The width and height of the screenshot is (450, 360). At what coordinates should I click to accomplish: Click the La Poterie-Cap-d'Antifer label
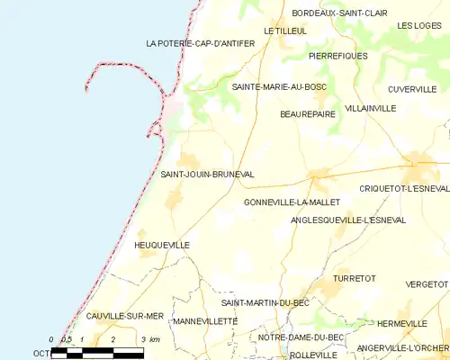coord(193,43)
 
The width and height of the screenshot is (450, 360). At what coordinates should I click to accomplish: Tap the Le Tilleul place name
coord(285,31)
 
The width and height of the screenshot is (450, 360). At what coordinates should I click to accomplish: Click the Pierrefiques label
coord(337,56)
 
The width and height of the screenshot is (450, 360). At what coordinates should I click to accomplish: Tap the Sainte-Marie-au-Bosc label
coord(279,86)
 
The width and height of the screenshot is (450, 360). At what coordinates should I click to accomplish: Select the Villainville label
coord(370,108)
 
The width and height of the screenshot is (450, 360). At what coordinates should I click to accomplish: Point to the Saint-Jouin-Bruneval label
coord(207,174)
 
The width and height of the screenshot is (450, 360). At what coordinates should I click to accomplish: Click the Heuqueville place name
coord(161,245)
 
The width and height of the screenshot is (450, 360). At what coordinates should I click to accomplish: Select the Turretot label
coord(354,279)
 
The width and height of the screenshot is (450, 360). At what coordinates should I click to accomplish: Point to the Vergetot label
coord(427,283)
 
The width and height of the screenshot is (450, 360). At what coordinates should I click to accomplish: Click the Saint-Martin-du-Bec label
coord(265,302)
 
